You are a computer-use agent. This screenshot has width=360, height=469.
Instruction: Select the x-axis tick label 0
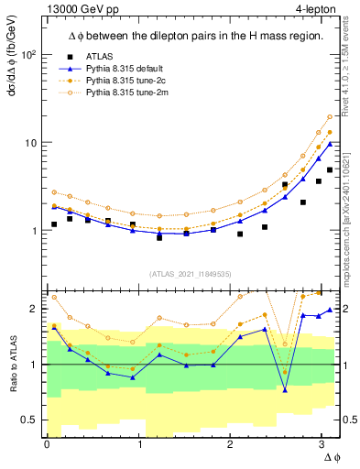coord(47,443)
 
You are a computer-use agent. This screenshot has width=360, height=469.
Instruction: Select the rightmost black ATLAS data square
coord(330,170)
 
